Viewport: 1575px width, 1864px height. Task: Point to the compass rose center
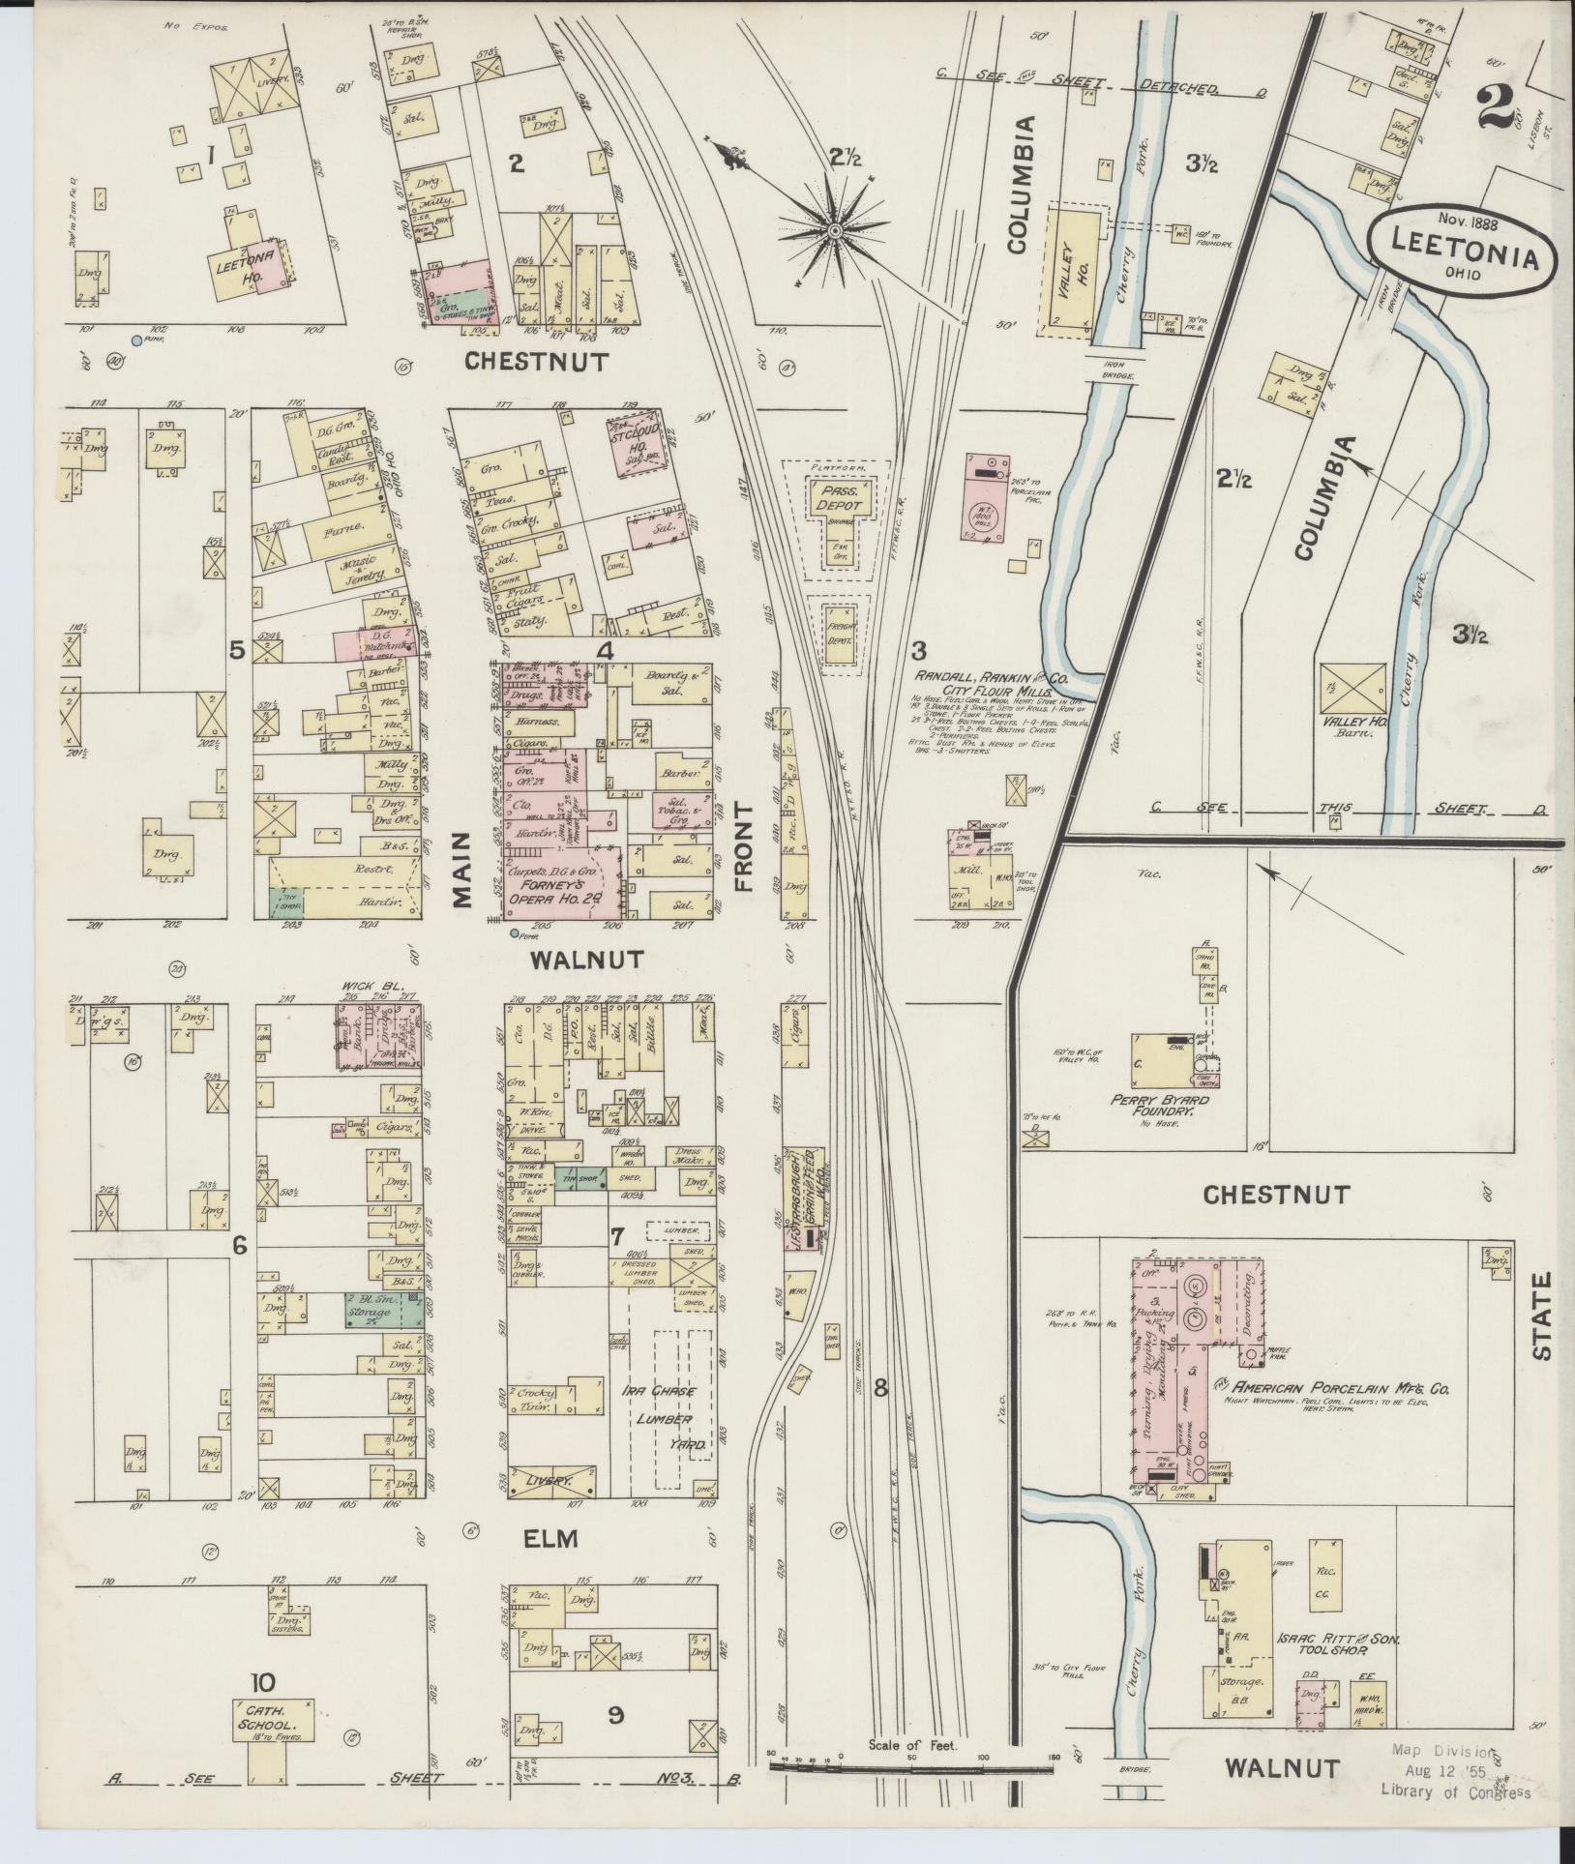[x=834, y=230]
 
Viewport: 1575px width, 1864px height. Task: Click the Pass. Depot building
[x=838, y=501]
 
